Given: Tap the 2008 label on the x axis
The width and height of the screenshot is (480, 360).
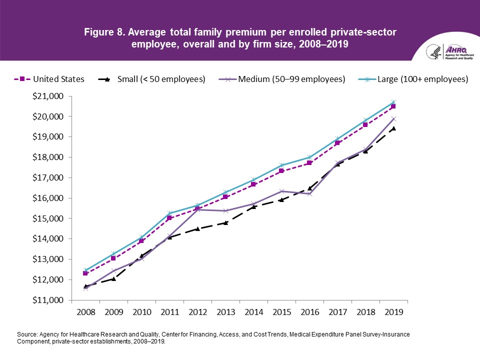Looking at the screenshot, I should [85, 311].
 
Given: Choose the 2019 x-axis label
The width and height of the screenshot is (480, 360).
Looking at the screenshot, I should [393, 311].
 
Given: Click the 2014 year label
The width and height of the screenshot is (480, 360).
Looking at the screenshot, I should [253, 311].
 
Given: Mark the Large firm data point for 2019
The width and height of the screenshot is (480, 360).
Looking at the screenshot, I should [393, 102].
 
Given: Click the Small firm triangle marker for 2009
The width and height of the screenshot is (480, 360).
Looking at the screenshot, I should [113, 278].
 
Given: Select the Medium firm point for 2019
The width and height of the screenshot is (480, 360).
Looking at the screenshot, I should [393, 118].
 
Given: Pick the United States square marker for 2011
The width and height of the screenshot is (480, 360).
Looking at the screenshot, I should [169, 218].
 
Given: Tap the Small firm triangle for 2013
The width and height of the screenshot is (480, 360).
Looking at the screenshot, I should [225, 222].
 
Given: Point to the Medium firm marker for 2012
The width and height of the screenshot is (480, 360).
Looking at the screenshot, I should [197, 209].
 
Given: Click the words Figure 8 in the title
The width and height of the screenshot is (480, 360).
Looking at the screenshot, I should [104, 32].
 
